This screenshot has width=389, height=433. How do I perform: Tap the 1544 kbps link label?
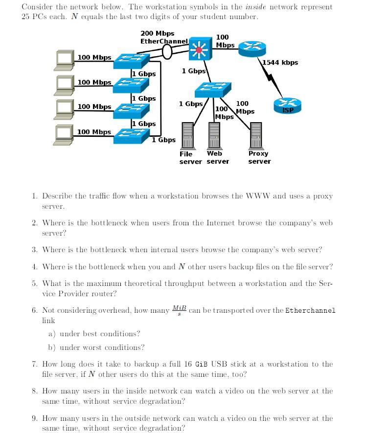coord(280,63)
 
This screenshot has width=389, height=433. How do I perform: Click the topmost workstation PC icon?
coord(64,58)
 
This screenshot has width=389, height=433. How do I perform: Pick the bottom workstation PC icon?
coord(64,133)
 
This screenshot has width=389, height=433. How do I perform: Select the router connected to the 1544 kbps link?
coord(252,49)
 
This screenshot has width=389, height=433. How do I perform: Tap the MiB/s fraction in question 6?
coord(179,310)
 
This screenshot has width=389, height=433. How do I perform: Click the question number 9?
coord(34,418)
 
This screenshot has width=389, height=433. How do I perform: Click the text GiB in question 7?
coord(202,364)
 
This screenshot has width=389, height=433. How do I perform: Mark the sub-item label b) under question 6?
coord(51,347)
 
